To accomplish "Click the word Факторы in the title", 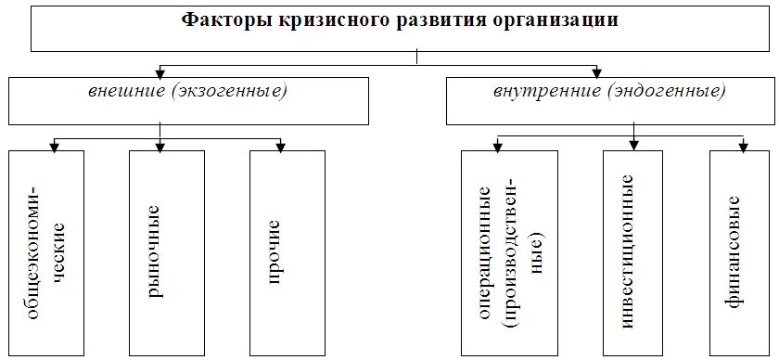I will (x=226, y=20).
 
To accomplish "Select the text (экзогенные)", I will (x=226, y=92).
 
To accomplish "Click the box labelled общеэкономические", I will (x=45, y=252).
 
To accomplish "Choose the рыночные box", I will (x=160, y=252).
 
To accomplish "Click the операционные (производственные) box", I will (x=509, y=252).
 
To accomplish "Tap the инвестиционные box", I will (x=632, y=252).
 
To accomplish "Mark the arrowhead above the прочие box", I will (x=279, y=145).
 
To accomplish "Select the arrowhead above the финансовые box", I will (x=744, y=146).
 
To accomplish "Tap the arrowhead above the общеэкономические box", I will (x=56, y=145).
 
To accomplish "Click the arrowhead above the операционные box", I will (x=497, y=146).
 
